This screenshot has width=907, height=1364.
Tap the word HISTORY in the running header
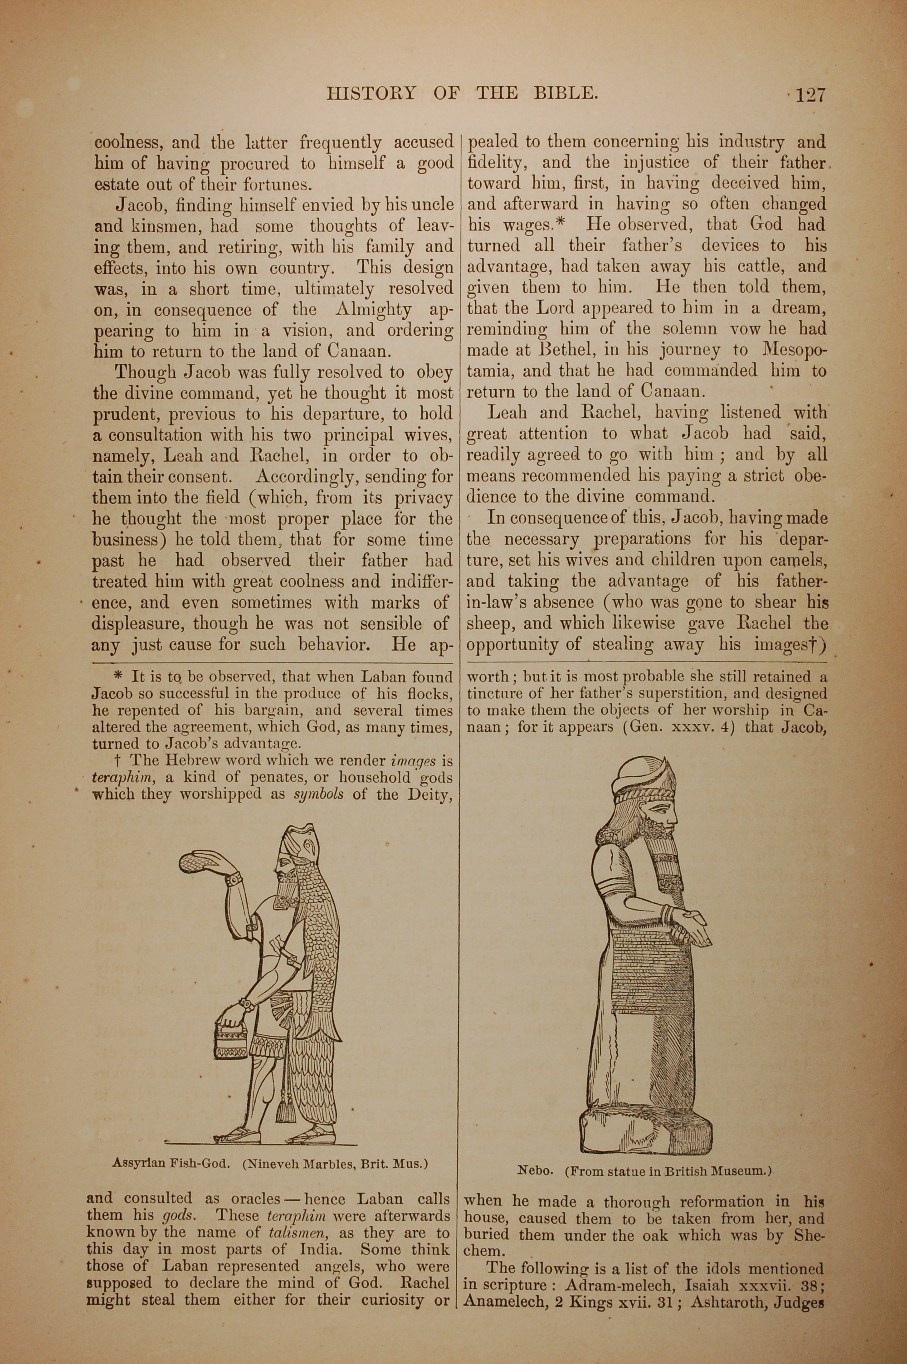(371, 93)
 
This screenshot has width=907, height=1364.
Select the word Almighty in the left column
(373, 310)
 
